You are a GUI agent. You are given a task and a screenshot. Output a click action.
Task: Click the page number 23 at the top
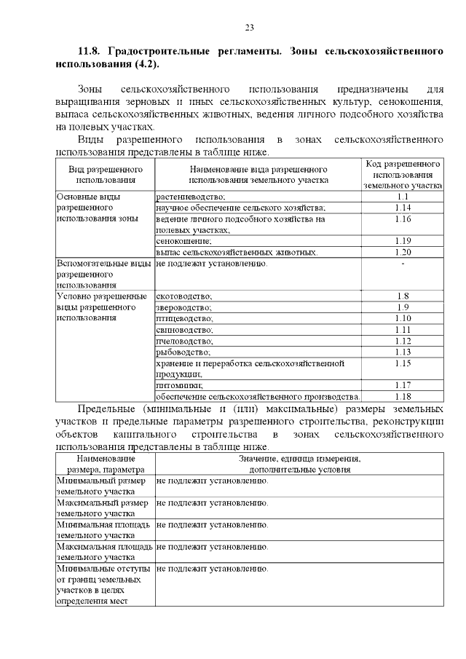coord(248,27)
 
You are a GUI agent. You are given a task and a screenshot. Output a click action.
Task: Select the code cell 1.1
coord(403,197)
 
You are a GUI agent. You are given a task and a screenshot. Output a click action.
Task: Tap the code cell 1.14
coord(403,208)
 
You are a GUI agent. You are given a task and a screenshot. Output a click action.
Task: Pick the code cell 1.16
coord(403,218)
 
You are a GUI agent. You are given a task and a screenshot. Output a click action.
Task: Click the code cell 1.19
coord(403,240)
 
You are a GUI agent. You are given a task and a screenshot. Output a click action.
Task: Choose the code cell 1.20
coord(403,252)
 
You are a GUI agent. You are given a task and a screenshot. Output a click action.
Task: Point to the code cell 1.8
coord(403,296)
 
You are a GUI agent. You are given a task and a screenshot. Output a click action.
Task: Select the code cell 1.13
coord(403,351)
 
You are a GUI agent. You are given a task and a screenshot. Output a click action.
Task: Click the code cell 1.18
coord(403,396)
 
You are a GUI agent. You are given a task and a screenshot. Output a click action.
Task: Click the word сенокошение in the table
coord(183,240)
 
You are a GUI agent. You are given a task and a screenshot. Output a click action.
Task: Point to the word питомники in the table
coord(179,384)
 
